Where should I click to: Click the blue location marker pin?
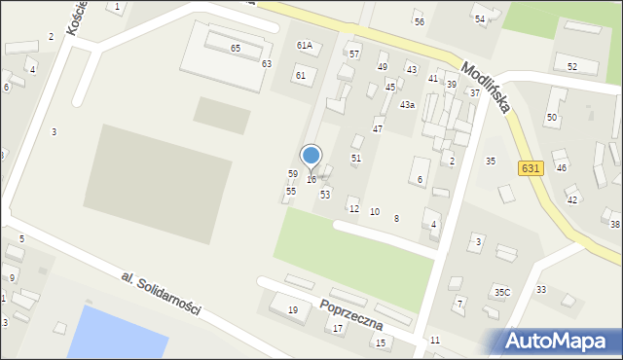click(311, 156)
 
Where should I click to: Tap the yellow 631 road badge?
click(530, 167)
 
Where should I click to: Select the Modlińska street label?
click(486, 88)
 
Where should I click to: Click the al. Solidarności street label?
click(161, 293)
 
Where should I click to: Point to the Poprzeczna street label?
click(350, 313)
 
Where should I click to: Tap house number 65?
click(235, 48)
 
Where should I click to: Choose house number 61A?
click(305, 46)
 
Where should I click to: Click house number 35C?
click(501, 292)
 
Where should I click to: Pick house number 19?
click(292, 309)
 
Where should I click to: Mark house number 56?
click(419, 21)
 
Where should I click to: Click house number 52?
click(572, 66)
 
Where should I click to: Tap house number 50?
click(551, 117)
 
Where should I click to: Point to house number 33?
click(541, 290)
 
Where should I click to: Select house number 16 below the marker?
click(311, 180)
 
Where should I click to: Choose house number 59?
click(292, 173)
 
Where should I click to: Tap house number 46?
click(561, 167)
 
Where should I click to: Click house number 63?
click(266, 63)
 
